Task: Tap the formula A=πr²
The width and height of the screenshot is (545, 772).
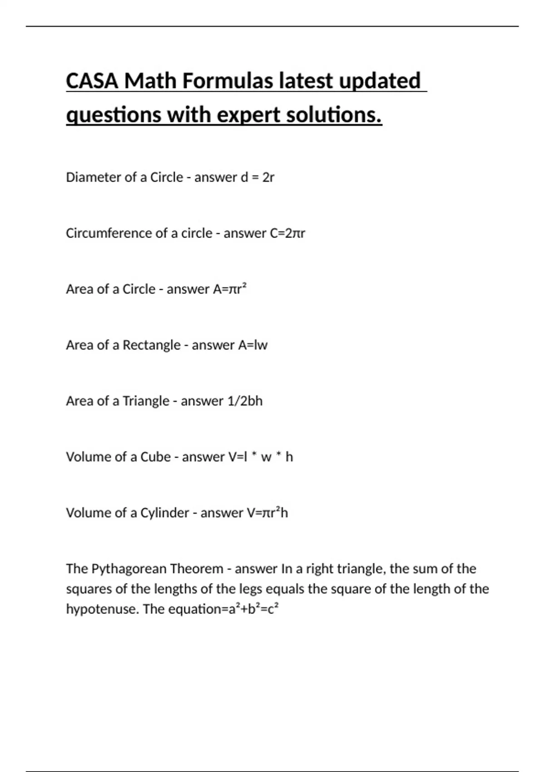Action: point(230,289)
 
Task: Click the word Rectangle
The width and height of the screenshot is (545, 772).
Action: point(152,345)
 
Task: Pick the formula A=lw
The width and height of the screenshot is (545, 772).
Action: point(253,345)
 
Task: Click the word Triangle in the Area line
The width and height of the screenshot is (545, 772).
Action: point(146,401)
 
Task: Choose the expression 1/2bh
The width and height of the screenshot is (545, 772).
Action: point(245,401)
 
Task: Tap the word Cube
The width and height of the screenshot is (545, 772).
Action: point(155,457)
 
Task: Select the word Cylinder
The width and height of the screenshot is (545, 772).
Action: point(164,513)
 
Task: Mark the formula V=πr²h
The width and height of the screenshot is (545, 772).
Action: point(267,513)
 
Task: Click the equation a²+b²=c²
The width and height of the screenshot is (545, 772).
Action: point(252,609)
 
